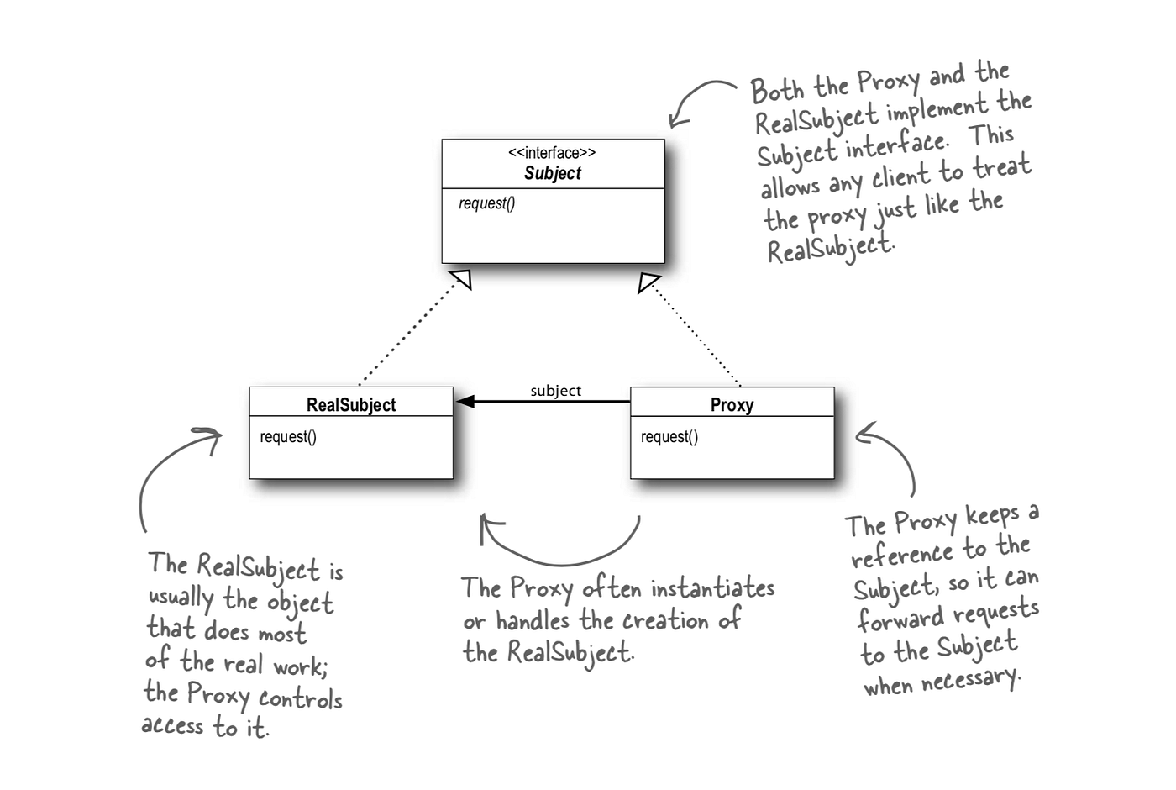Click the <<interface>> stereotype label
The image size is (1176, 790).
(552, 153)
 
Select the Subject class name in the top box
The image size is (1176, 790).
(552, 173)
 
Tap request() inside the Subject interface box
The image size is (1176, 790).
(487, 203)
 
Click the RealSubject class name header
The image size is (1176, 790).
(351, 404)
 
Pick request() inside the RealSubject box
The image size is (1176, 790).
(288, 437)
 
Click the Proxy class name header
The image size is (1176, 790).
(732, 404)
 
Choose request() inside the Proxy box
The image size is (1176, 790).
(669, 437)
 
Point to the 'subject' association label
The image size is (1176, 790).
(555, 391)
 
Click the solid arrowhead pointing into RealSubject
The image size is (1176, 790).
(465, 402)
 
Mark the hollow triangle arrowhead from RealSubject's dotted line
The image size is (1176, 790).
(461, 279)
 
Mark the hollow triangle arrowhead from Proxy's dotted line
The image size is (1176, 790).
(648, 282)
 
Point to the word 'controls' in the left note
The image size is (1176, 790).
(300, 698)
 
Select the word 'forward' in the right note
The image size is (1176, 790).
(900, 620)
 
